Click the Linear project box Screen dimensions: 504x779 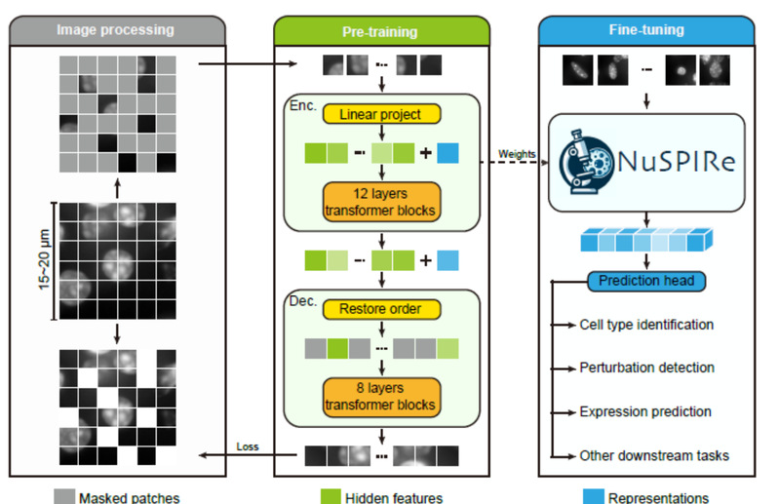click(x=380, y=114)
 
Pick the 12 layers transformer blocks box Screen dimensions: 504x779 click(x=380, y=200)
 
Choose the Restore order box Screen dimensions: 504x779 click(x=380, y=309)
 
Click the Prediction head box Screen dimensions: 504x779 click(x=646, y=282)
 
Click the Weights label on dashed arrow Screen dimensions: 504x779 click(x=517, y=153)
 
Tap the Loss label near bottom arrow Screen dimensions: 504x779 click(x=249, y=447)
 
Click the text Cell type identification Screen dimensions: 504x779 click(x=646, y=325)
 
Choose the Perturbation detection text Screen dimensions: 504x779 click(x=646, y=368)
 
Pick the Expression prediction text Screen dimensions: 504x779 click(x=645, y=411)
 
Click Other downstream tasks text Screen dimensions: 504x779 click(x=654, y=455)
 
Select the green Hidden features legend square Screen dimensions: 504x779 click(x=329, y=496)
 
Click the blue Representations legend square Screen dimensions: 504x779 click(x=591, y=496)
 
